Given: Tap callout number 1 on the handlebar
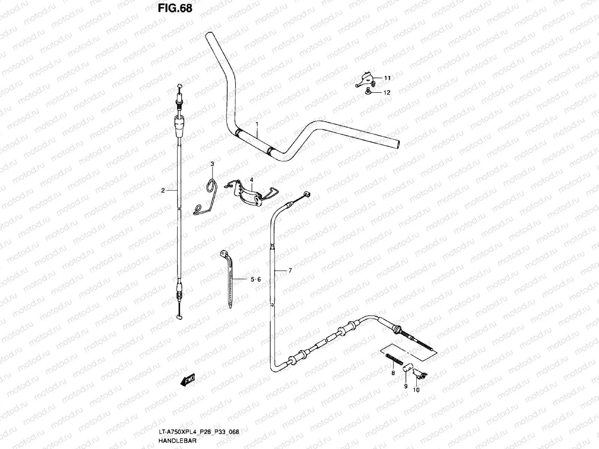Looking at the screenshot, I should click(257, 123).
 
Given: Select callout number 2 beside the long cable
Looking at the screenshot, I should click(163, 190).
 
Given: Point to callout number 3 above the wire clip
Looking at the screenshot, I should click(212, 164).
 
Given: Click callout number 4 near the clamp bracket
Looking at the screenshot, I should click(252, 180).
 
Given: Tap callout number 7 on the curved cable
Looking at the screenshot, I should click(290, 270).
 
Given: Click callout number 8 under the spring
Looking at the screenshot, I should click(393, 373).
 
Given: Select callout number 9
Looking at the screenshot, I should click(405, 387).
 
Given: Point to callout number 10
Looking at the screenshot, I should click(416, 390).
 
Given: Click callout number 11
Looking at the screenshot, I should click(387, 78).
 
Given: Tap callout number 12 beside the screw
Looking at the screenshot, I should click(387, 92).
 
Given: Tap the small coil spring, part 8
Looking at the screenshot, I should click(393, 360).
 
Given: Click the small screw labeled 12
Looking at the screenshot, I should click(368, 91).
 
